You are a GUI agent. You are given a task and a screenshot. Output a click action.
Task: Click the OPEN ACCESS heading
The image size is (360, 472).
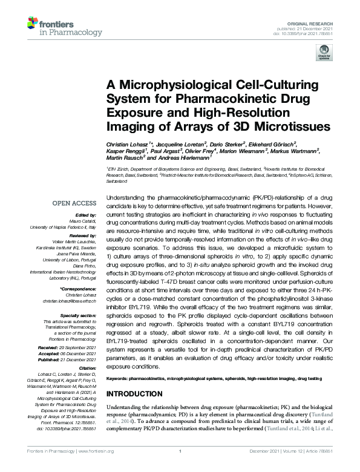click(x=74, y=204)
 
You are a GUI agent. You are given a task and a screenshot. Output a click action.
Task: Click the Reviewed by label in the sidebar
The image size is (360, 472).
click(x=85, y=235)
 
